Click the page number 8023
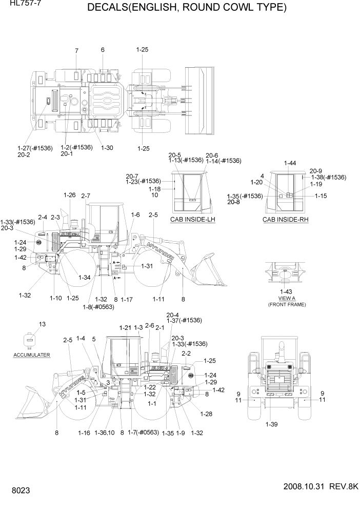tap(17, 491)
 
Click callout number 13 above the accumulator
tap(42, 324)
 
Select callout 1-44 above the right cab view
tap(289, 163)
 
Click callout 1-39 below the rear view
tap(272, 424)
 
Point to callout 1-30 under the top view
tap(107, 148)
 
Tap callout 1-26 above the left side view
tap(69, 195)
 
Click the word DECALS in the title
tap(112, 8)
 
